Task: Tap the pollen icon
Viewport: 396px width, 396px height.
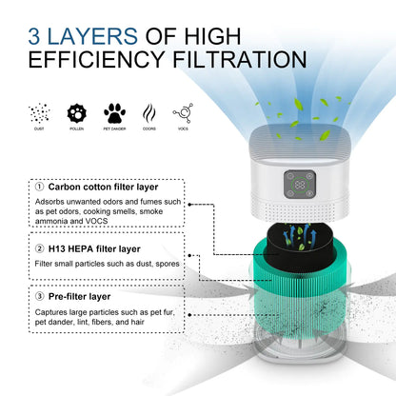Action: [76, 112]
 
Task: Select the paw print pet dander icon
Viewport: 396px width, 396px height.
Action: [113, 112]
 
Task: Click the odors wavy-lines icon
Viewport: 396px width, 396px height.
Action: [149, 112]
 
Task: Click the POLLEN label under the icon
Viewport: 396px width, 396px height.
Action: [76, 129]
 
